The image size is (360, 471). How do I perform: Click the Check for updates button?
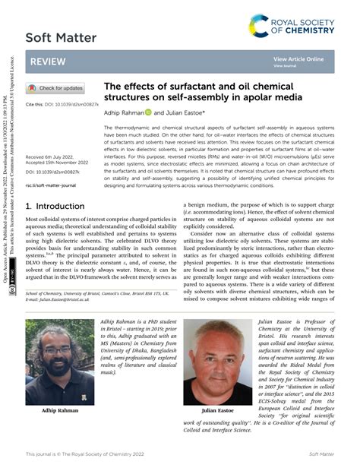56,88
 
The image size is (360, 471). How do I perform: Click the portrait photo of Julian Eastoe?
219,362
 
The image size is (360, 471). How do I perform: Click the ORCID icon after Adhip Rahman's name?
149,112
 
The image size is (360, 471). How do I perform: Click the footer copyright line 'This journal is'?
85,454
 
